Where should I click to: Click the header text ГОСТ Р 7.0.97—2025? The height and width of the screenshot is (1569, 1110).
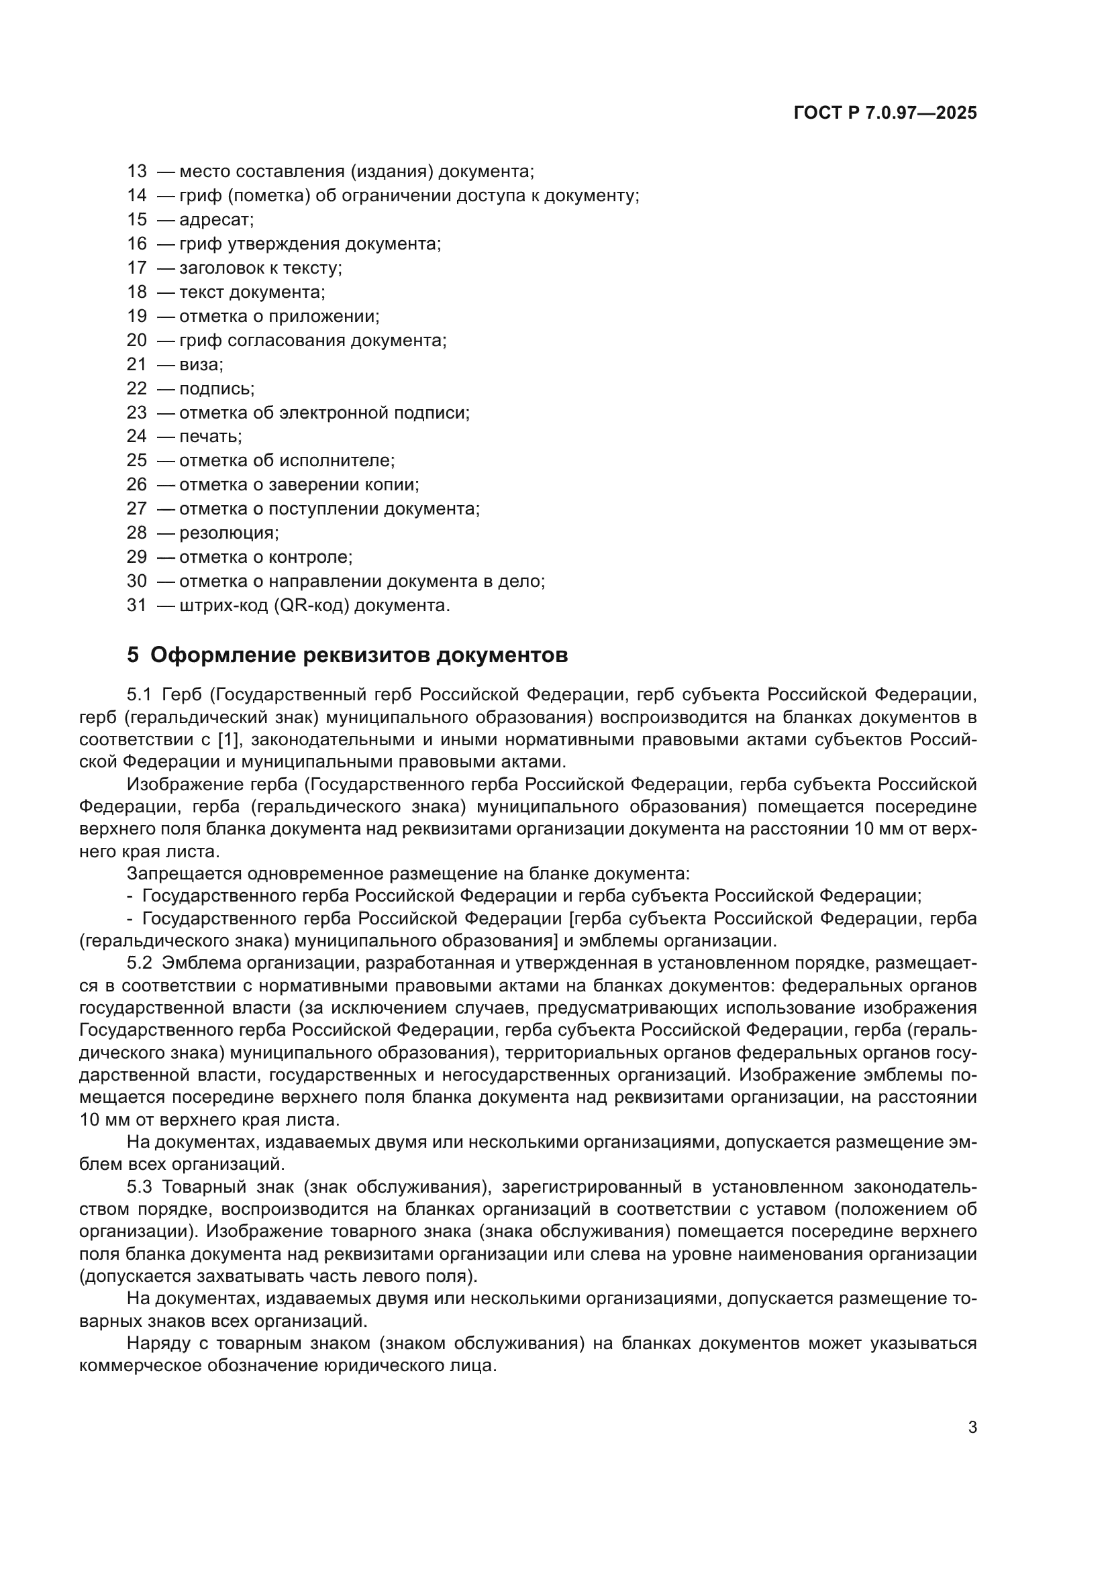(x=885, y=113)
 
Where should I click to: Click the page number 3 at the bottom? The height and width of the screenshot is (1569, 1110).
(x=972, y=1427)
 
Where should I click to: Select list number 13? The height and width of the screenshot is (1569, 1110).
(x=137, y=172)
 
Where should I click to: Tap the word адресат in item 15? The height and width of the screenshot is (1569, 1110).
(x=215, y=220)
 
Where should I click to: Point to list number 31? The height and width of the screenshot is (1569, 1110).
(x=137, y=606)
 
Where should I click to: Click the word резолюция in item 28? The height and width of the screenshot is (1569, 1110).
(x=228, y=533)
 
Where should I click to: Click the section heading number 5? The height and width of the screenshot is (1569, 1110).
(x=133, y=655)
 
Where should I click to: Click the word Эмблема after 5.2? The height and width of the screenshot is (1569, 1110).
(x=200, y=963)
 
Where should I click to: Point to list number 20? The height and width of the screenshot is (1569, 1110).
(x=137, y=340)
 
